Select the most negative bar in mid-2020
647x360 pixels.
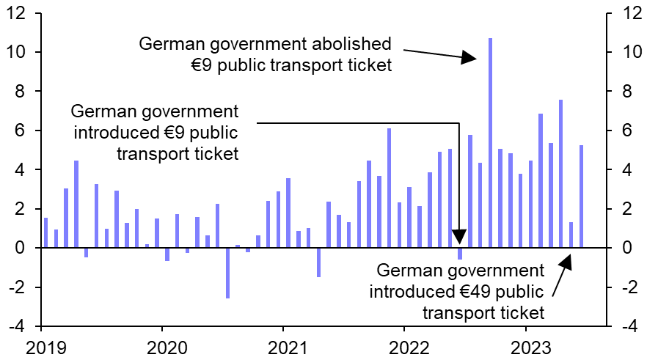point(227,273)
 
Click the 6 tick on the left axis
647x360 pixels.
point(23,131)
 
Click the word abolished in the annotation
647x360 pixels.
point(351,44)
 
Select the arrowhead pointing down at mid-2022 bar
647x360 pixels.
point(459,237)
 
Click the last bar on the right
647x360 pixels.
point(581,196)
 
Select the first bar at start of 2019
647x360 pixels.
point(45,233)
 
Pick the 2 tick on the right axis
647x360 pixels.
point(626,209)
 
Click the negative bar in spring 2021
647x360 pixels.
point(318,262)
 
